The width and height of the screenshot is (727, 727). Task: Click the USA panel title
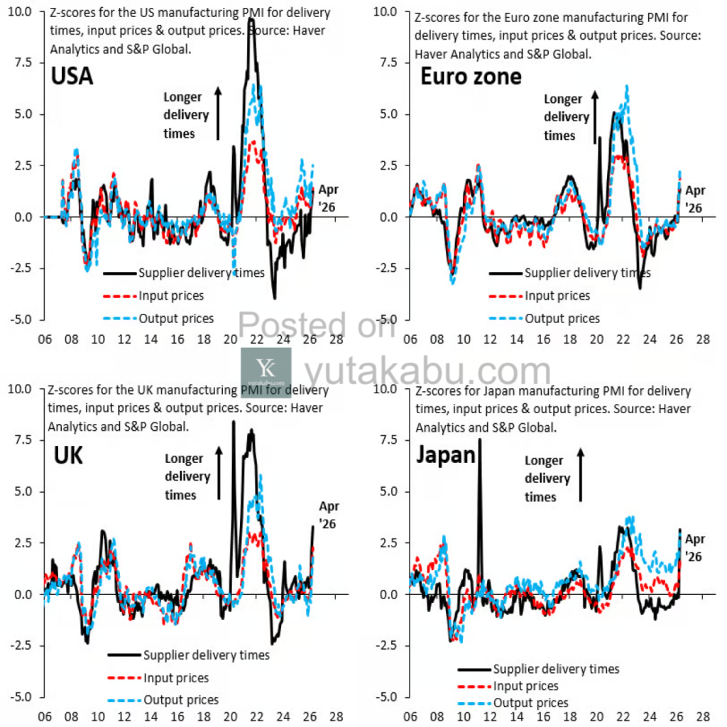[x=72, y=76]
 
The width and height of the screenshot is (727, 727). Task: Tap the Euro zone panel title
[x=471, y=76]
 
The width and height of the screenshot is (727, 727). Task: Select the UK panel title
[x=68, y=456]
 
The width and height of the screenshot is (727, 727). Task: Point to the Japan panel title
[x=445, y=454]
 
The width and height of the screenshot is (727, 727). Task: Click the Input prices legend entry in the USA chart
[x=171, y=295]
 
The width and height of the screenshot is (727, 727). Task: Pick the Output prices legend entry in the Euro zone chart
[x=562, y=319]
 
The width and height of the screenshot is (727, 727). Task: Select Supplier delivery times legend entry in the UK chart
[x=206, y=655]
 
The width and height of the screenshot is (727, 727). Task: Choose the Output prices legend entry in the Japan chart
[x=531, y=703]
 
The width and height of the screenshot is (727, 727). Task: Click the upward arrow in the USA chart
[x=218, y=114]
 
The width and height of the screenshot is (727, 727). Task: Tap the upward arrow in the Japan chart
[x=581, y=476]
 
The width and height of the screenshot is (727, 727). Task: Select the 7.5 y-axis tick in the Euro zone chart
[x=388, y=62]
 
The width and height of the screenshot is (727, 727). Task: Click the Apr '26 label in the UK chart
[x=329, y=515]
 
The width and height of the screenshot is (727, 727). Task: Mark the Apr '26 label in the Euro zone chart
[x=695, y=199]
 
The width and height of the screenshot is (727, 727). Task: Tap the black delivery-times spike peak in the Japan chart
[x=480, y=439]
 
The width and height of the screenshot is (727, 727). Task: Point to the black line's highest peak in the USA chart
[x=251, y=39]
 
